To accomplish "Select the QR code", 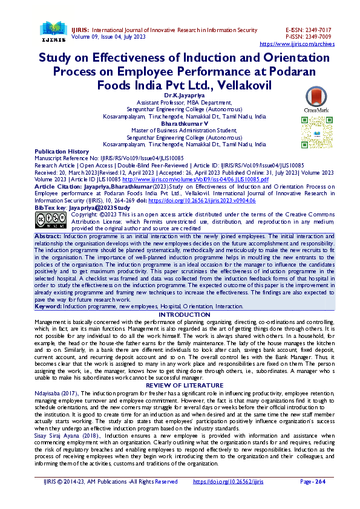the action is tap(316, 128).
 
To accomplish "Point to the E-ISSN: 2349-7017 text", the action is tap(308, 30).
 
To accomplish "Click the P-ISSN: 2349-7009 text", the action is tap(308, 37).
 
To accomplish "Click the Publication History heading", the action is tap(62, 151).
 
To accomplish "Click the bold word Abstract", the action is tap(48, 236).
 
